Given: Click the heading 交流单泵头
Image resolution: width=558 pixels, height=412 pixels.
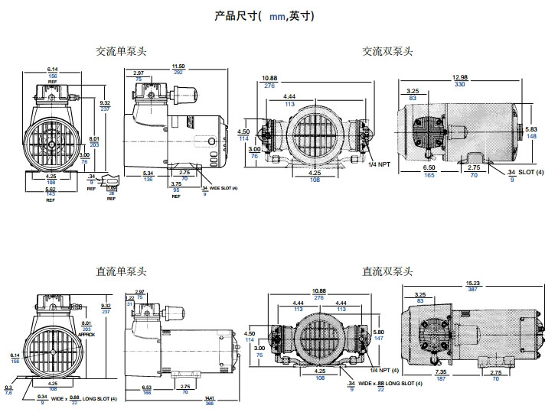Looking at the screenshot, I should click(x=121, y=52).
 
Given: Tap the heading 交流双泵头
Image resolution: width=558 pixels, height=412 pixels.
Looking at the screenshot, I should click(x=387, y=52).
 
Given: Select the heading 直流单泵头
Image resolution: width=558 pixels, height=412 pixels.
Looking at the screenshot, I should click(x=121, y=271).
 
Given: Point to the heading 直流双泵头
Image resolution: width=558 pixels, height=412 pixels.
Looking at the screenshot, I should click(x=387, y=271).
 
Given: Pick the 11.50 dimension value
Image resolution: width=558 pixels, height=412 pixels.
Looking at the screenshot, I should click(x=178, y=67).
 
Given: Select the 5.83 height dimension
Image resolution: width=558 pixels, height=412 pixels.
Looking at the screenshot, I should click(x=531, y=129).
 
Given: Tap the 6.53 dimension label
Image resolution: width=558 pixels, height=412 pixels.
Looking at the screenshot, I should click(x=146, y=387).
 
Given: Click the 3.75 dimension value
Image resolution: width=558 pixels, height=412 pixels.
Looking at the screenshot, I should click(x=176, y=183).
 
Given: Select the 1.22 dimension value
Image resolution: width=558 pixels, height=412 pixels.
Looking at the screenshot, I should click(x=129, y=297).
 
